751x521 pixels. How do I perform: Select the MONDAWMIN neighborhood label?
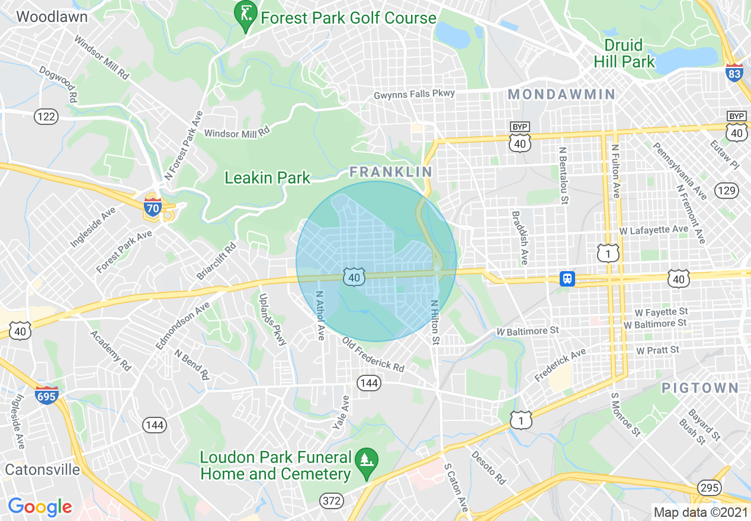tap(561, 94)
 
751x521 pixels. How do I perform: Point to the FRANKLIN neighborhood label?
tap(391, 172)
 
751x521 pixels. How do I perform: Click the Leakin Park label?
tap(268, 178)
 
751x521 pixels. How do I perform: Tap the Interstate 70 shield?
tap(153, 207)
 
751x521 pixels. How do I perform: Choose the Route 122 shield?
tap(46, 117)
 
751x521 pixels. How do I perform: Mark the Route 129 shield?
tap(726, 190)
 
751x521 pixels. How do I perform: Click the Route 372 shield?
tap(332, 501)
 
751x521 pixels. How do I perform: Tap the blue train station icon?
tap(567, 278)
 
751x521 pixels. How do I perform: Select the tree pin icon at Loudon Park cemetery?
tap(367, 459)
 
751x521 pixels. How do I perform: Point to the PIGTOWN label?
tap(700, 388)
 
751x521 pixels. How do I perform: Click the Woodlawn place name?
tap(52, 17)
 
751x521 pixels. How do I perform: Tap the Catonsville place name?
tap(43, 469)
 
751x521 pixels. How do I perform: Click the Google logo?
tap(40, 507)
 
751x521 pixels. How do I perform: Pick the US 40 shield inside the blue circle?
tap(354, 276)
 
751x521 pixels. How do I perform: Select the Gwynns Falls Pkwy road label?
tap(414, 94)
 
